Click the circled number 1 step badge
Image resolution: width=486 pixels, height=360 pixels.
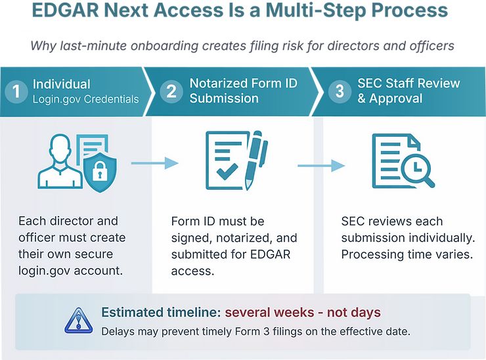(x=16, y=91)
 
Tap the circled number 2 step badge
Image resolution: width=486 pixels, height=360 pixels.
(x=171, y=91)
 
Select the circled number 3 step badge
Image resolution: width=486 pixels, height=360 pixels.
(x=340, y=91)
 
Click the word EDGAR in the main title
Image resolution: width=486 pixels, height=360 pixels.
(x=65, y=10)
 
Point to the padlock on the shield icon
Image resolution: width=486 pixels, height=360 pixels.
(x=99, y=171)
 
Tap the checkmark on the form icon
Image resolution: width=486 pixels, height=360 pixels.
(x=227, y=171)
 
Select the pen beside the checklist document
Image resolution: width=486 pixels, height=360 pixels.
(x=255, y=160)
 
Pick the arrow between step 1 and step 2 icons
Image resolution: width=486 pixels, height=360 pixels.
(x=154, y=163)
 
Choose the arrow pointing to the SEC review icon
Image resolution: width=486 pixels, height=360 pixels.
(x=321, y=166)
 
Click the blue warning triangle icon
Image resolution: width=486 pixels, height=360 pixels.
(x=78, y=321)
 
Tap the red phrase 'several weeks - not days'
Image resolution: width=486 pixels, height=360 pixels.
(x=303, y=312)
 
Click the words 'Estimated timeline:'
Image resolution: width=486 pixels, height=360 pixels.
(x=161, y=312)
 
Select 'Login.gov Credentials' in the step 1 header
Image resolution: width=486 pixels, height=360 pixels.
(x=86, y=99)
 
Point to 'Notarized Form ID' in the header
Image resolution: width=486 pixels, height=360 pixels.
(x=243, y=83)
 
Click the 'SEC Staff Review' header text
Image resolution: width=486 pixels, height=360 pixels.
(x=409, y=83)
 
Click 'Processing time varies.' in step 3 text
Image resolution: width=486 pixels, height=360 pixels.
(x=407, y=255)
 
